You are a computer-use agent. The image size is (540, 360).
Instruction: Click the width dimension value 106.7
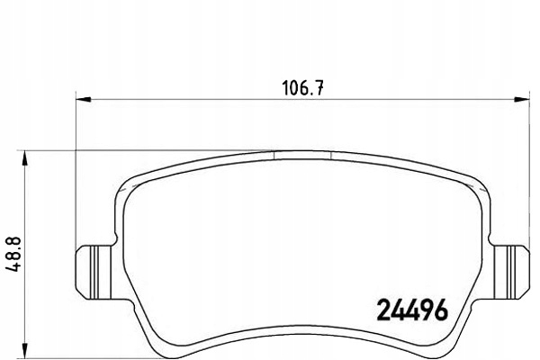coord(303,88)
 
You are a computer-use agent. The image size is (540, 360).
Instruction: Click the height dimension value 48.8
coord(13,254)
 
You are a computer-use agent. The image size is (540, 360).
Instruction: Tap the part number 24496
coord(413,310)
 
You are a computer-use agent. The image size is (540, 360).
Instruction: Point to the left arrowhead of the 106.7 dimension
coord(83,100)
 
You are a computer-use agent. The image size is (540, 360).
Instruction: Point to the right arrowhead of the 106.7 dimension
coord(521,100)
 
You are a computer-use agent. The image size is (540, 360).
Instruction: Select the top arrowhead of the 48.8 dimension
coord(24,158)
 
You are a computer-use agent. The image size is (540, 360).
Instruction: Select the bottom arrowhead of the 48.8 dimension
coord(24,350)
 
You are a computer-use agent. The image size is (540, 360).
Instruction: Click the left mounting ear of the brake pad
coord(94,272)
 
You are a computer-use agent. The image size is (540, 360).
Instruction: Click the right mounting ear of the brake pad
coord(510,272)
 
